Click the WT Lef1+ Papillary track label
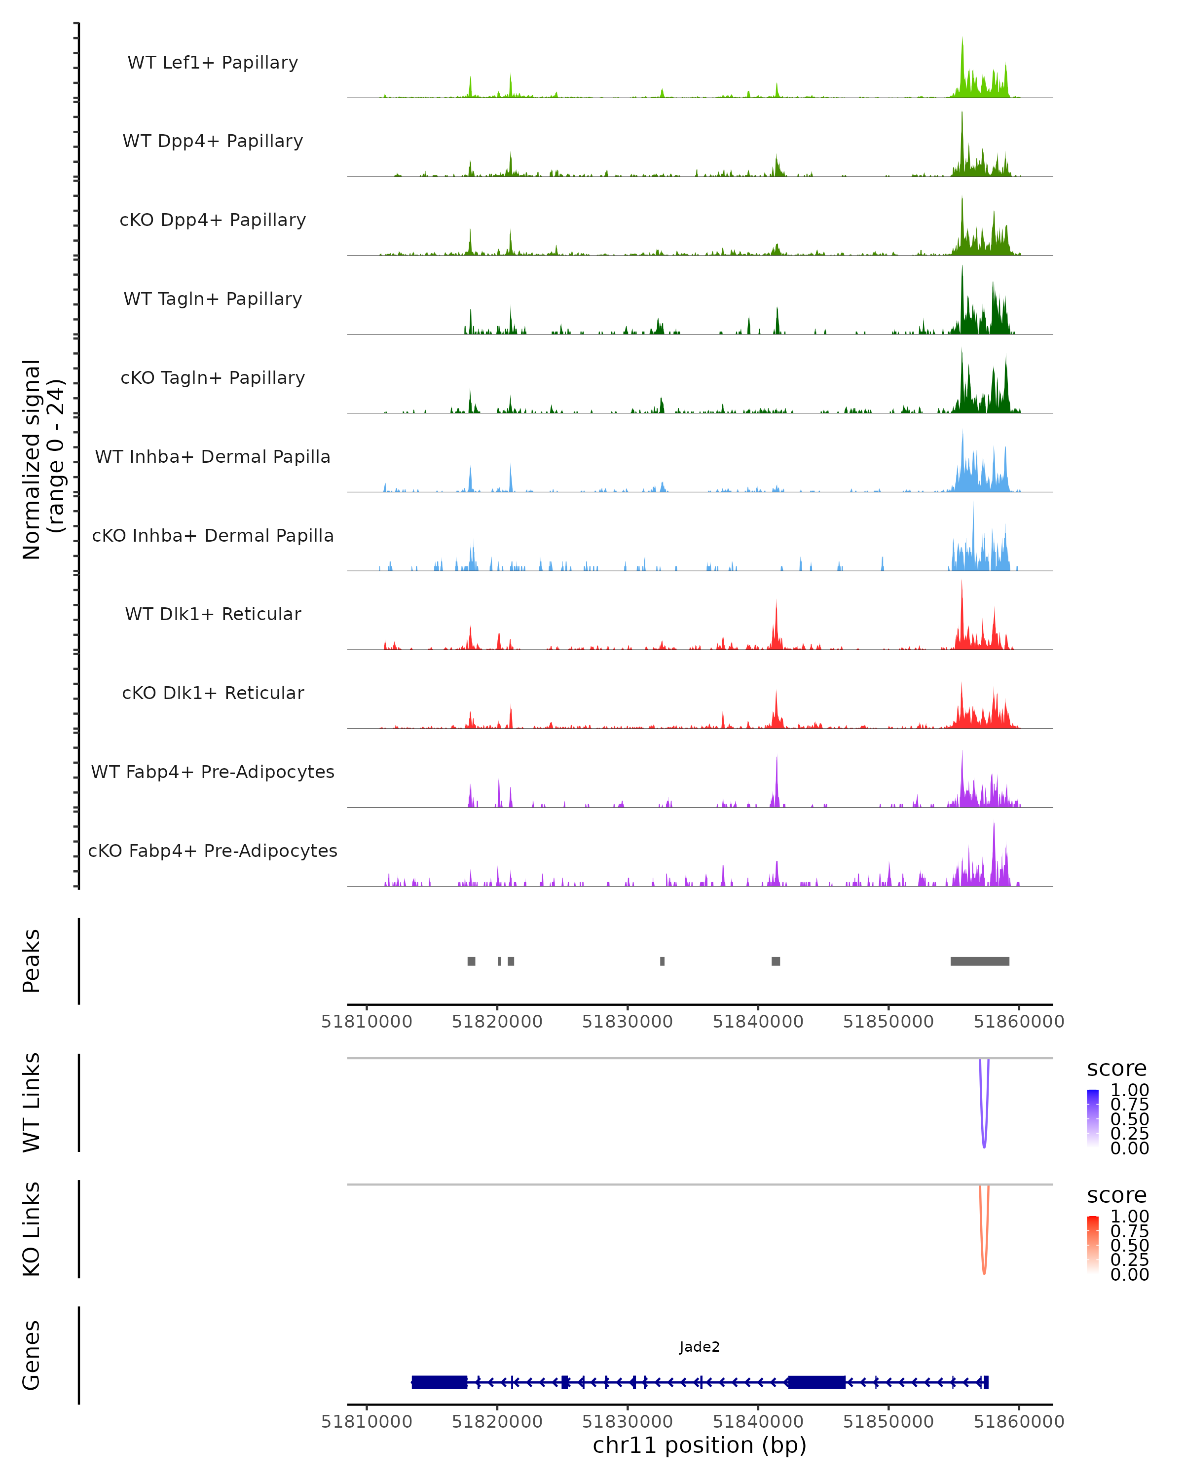point(213,63)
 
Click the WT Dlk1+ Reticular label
point(213,614)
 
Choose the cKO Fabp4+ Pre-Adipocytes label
point(213,851)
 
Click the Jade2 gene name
point(700,1346)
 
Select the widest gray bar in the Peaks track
point(979,961)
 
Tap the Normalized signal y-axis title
point(42,459)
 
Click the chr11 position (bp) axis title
point(700,1445)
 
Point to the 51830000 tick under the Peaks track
point(628,1022)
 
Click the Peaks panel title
point(32,961)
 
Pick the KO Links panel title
point(32,1229)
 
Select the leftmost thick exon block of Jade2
point(439,1382)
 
